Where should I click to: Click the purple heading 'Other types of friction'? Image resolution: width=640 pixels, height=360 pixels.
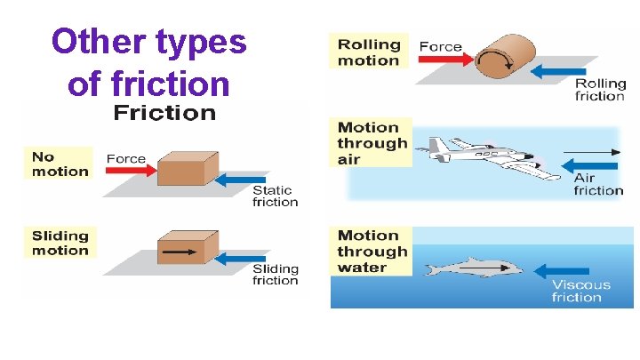148,62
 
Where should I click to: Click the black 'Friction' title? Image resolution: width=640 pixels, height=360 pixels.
164,113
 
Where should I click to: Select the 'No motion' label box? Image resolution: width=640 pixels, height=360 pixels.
60,164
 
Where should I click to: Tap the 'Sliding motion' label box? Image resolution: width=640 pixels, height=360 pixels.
60,243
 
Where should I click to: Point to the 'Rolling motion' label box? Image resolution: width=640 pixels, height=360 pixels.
368,52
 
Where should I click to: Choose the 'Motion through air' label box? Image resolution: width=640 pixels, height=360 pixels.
372,142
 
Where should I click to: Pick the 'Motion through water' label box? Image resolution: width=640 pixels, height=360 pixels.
372,251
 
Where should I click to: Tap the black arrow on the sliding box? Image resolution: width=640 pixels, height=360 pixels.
181,252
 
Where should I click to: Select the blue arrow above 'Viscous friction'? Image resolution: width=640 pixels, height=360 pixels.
568,270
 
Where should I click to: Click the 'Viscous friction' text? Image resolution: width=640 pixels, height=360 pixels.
580,291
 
